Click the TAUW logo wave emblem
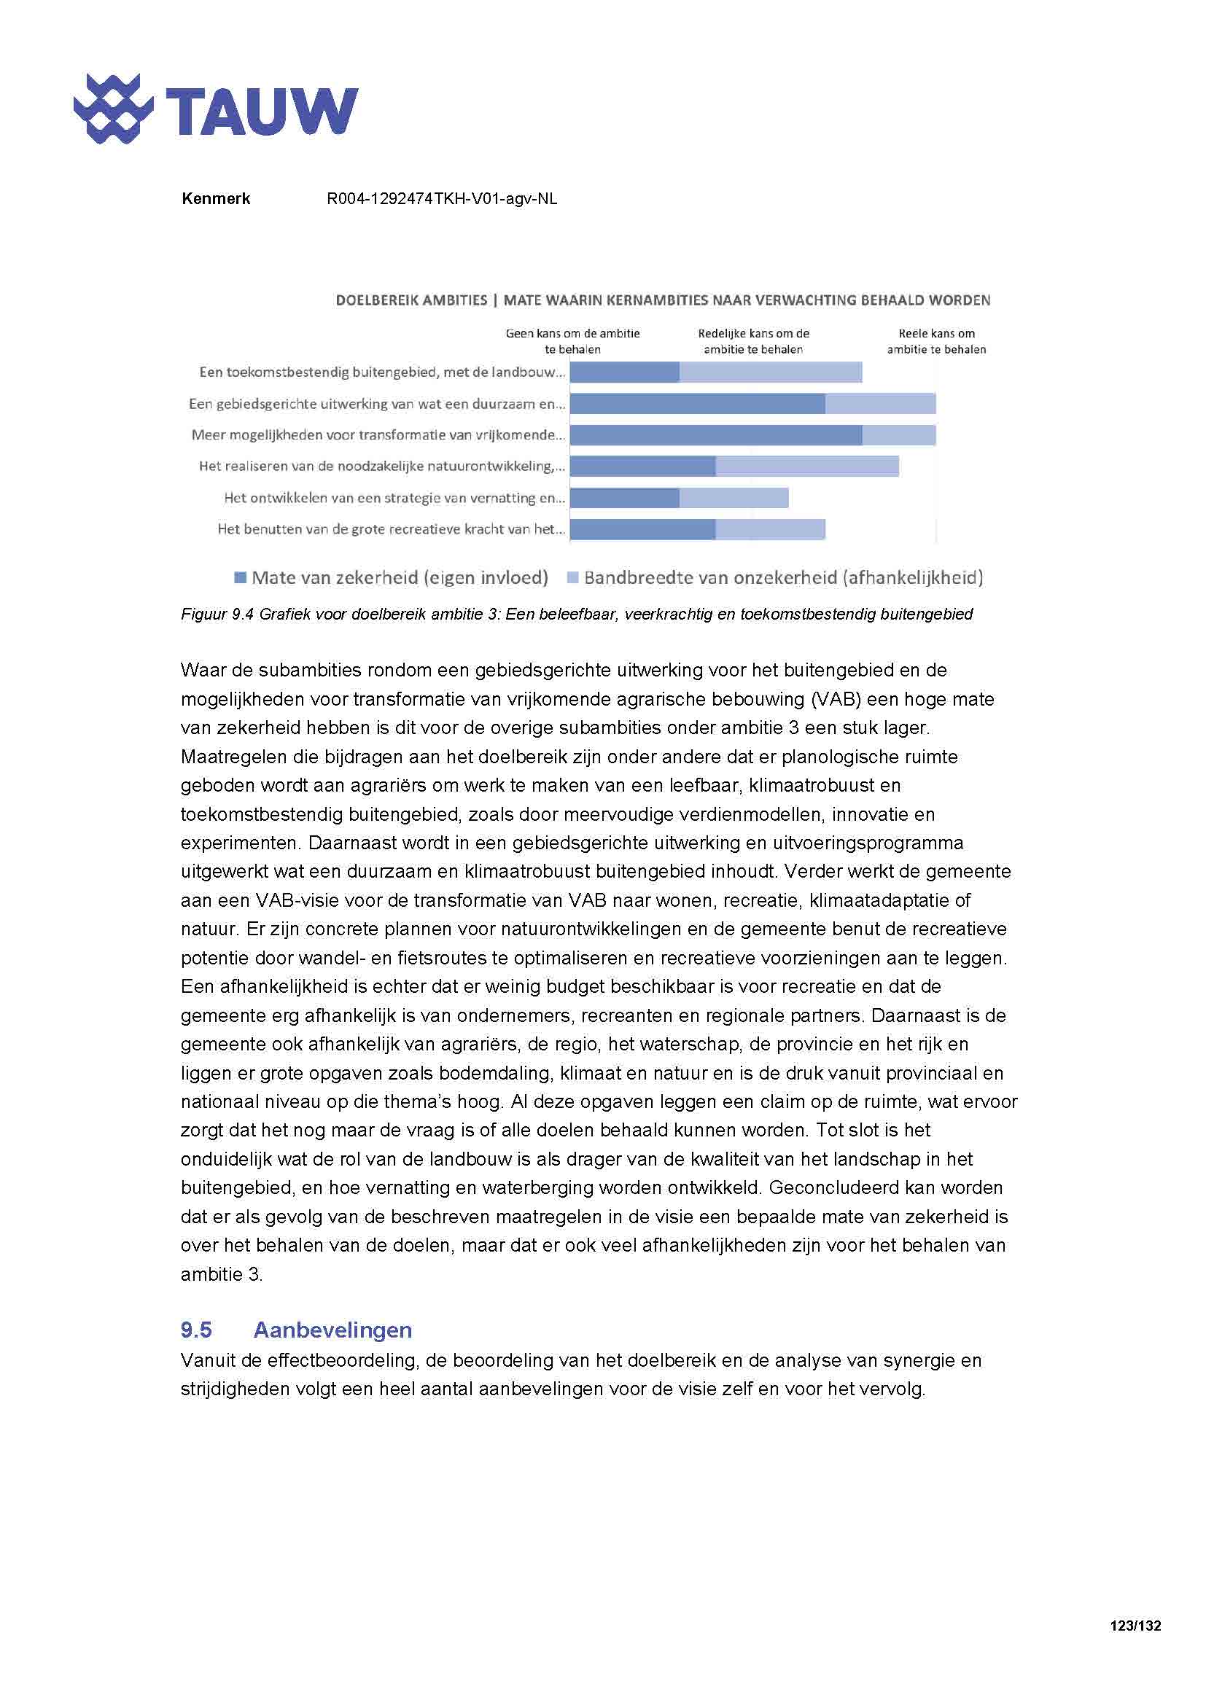[x=113, y=109]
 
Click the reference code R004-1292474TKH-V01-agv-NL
[x=442, y=199]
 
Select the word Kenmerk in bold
[x=215, y=199]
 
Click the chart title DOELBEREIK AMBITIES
[x=411, y=300]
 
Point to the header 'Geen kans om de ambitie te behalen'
[x=572, y=342]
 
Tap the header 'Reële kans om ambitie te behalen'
[x=936, y=342]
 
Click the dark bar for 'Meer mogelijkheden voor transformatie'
[x=716, y=435]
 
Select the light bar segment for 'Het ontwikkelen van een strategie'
[x=734, y=499]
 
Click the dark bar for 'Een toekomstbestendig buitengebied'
[x=625, y=372]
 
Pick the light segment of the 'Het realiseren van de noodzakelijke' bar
[x=806, y=467]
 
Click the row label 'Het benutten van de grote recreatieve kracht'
[x=391, y=529]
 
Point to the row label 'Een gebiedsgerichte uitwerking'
[x=376, y=404]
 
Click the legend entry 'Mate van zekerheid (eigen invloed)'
[x=392, y=578]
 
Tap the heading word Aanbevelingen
[x=332, y=1330]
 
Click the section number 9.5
[x=196, y=1330]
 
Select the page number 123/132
[x=1135, y=1626]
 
